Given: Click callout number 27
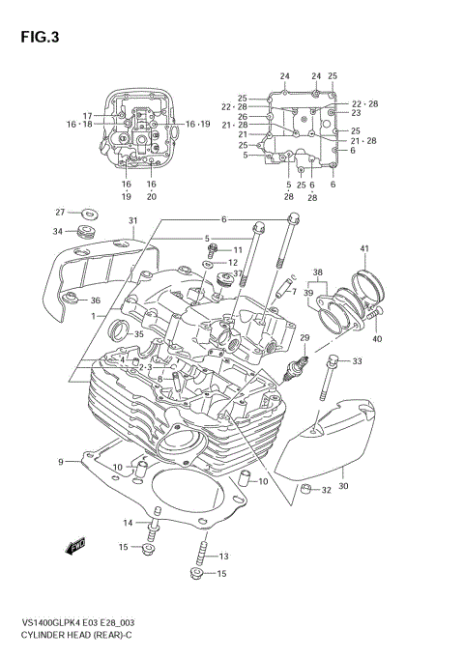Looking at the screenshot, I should click(x=59, y=212).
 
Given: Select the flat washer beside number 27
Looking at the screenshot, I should click(x=88, y=213).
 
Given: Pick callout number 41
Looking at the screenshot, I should click(x=364, y=250).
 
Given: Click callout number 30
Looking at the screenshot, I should click(x=342, y=472).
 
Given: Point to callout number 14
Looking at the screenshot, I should click(x=127, y=523).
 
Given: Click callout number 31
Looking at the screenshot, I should click(x=132, y=221).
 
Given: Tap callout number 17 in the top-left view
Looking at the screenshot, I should click(x=113, y=116).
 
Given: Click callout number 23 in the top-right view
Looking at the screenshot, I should click(x=355, y=113).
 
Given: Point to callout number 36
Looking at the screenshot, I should click(x=95, y=300).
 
